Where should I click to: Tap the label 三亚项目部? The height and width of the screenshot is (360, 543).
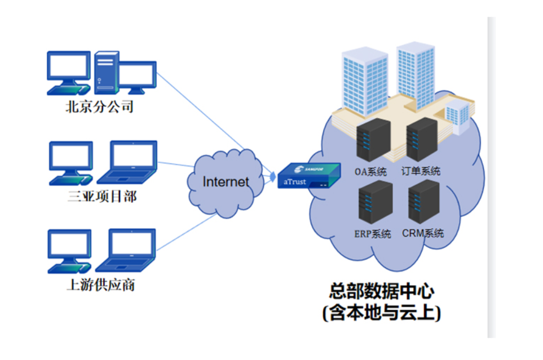[x=101, y=196]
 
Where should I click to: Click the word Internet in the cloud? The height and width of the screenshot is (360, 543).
[x=226, y=181]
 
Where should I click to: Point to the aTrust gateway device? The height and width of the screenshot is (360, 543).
[x=309, y=175]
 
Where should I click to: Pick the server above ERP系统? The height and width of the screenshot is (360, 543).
[x=375, y=203]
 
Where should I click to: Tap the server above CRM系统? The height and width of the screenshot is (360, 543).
[x=423, y=202]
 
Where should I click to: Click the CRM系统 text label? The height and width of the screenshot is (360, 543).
[x=423, y=233]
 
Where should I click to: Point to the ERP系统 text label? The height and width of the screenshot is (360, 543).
[x=372, y=234]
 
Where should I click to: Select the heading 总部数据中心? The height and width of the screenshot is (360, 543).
[x=382, y=291]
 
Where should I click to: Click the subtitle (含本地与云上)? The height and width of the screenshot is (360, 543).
[x=382, y=312]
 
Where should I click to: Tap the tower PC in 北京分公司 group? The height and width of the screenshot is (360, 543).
[x=107, y=72]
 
